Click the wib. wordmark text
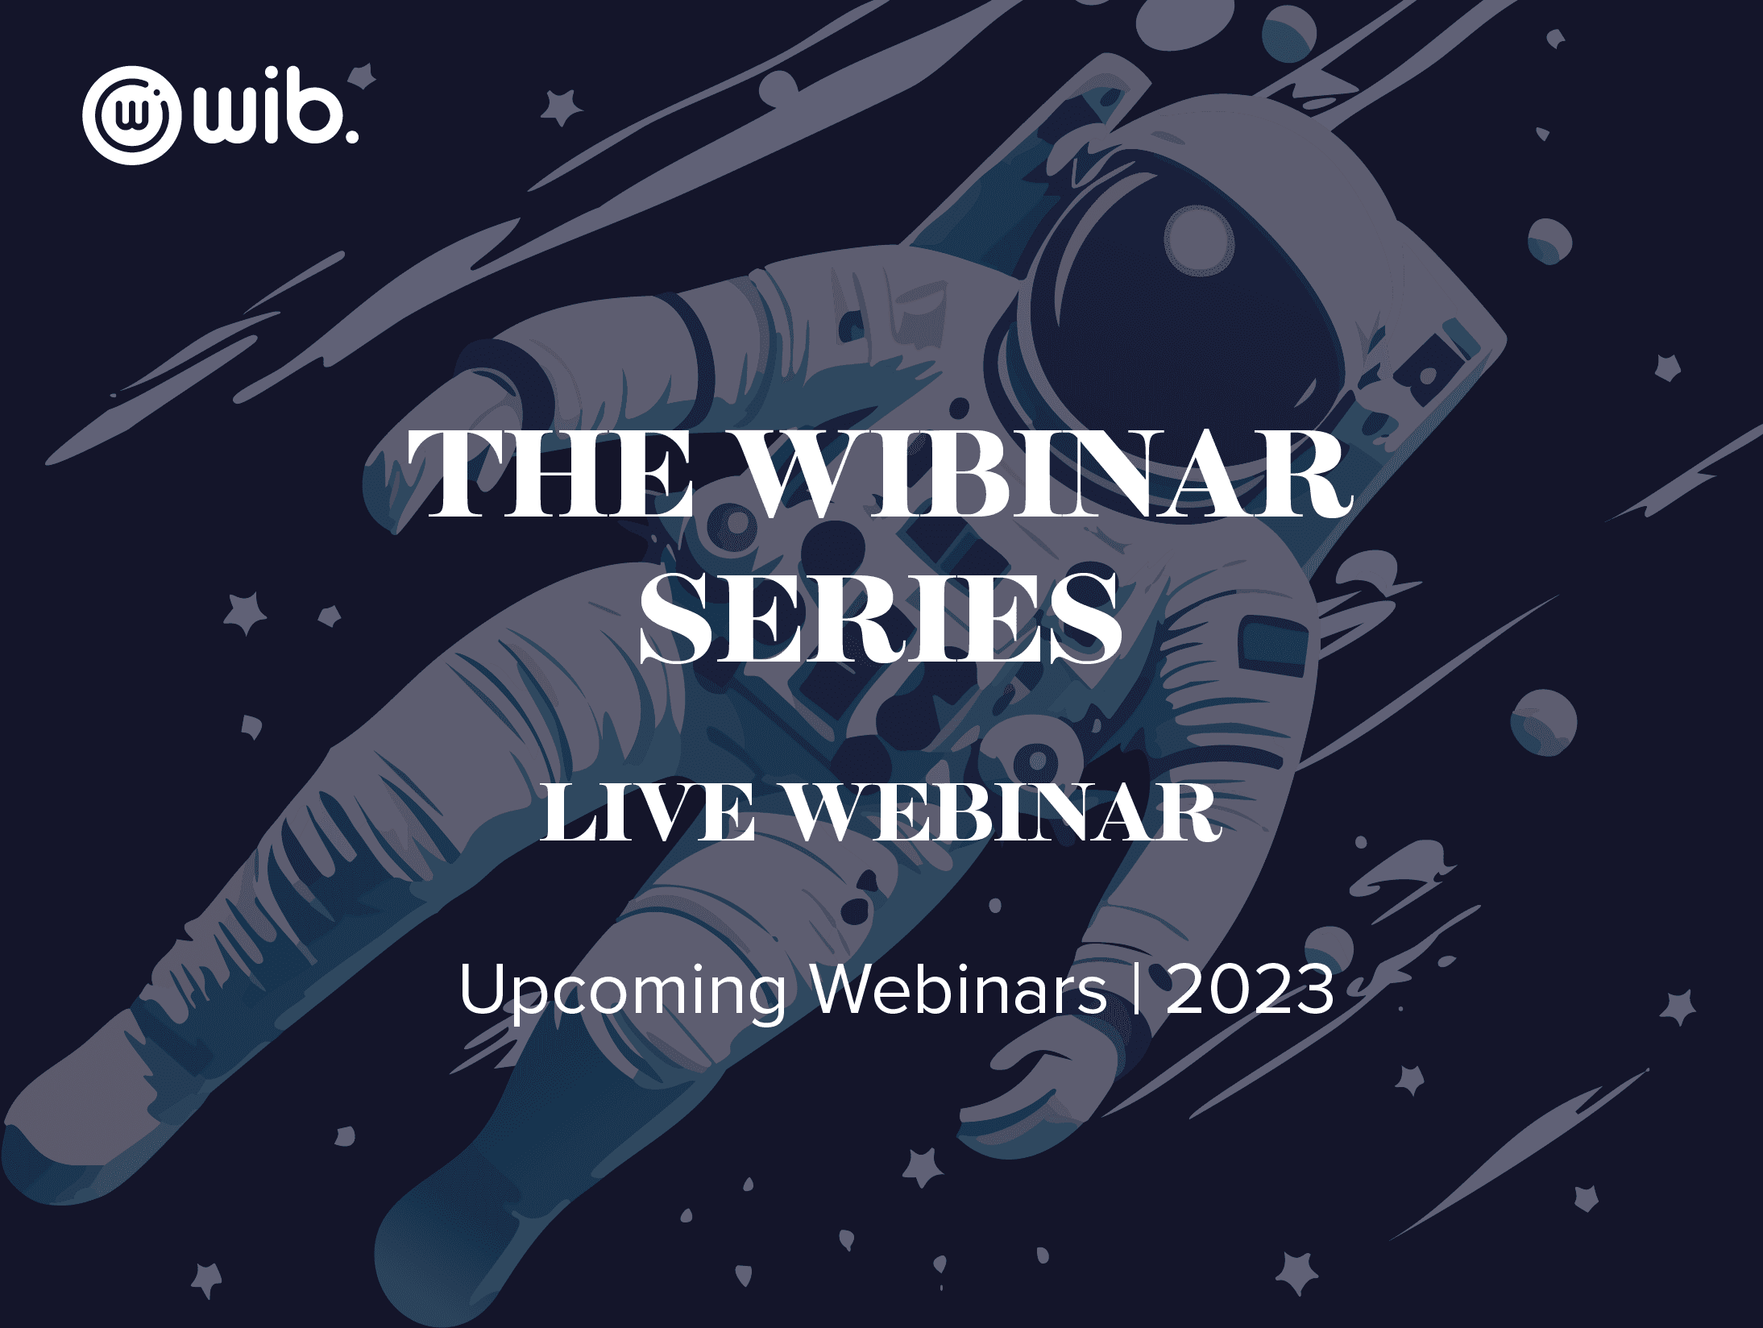point(275,109)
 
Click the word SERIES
point(881,618)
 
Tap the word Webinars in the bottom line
point(960,989)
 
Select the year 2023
point(1250,990)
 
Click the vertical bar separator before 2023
point(1137,990)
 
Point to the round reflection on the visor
point(1199,240)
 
